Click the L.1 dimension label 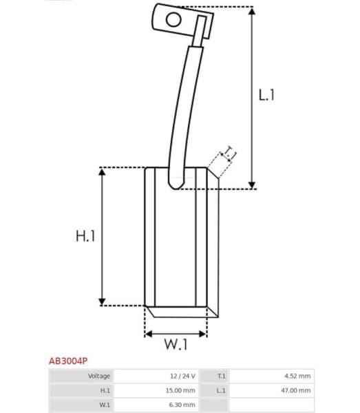267,95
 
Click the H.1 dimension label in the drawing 85,236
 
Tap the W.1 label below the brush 176,346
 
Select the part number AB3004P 67,360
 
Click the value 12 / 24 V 183,376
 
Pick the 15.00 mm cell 182,390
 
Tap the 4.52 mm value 297,376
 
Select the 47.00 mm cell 296,390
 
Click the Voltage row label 99,376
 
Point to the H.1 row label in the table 105,390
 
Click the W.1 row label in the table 105,405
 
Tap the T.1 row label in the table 221,376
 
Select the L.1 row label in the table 221,390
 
